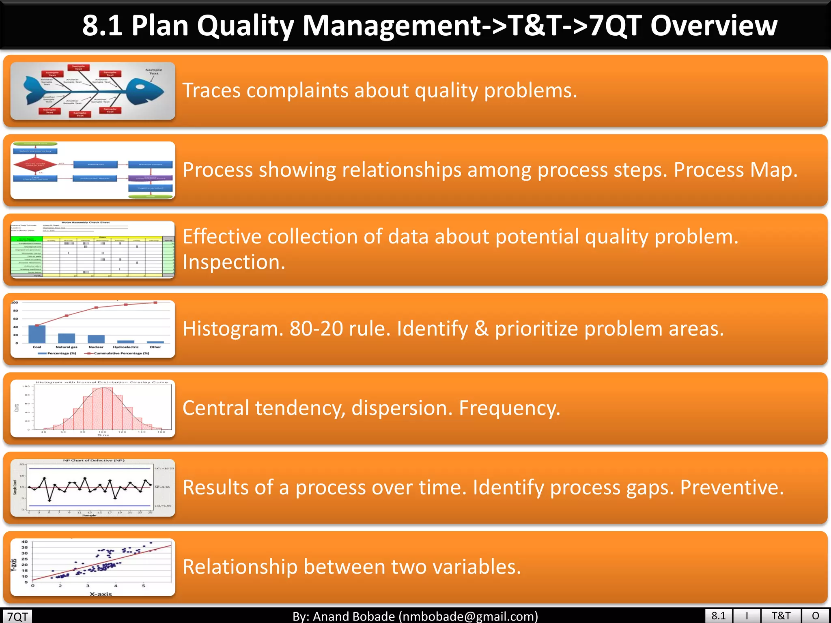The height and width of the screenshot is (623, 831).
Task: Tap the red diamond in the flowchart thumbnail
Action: point(35,165)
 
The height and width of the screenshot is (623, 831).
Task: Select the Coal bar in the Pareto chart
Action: point(37,334)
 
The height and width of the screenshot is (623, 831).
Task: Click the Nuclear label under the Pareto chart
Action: point(96,347)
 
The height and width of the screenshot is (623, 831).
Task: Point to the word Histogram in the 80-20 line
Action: point(233,329)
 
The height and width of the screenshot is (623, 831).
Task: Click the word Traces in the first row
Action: point(211,90)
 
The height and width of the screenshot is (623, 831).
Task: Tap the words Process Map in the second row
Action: point(735,170)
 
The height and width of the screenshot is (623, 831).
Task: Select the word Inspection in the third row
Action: point(234,262)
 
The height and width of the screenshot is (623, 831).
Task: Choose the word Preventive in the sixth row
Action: point(732,487)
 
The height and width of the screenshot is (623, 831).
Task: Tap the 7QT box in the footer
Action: point(18,617)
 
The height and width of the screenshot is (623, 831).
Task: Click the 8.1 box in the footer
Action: point(719,616)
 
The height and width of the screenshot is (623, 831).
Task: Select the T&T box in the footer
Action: point(781,616)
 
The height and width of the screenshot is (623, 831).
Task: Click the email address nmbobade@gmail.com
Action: point(468,617)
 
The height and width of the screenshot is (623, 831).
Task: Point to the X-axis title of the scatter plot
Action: point(101,594)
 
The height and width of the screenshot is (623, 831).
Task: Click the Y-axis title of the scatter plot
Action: point(14,565)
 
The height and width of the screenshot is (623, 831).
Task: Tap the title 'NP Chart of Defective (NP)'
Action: point(94,460)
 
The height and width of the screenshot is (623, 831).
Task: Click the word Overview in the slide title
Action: point(714,25)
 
